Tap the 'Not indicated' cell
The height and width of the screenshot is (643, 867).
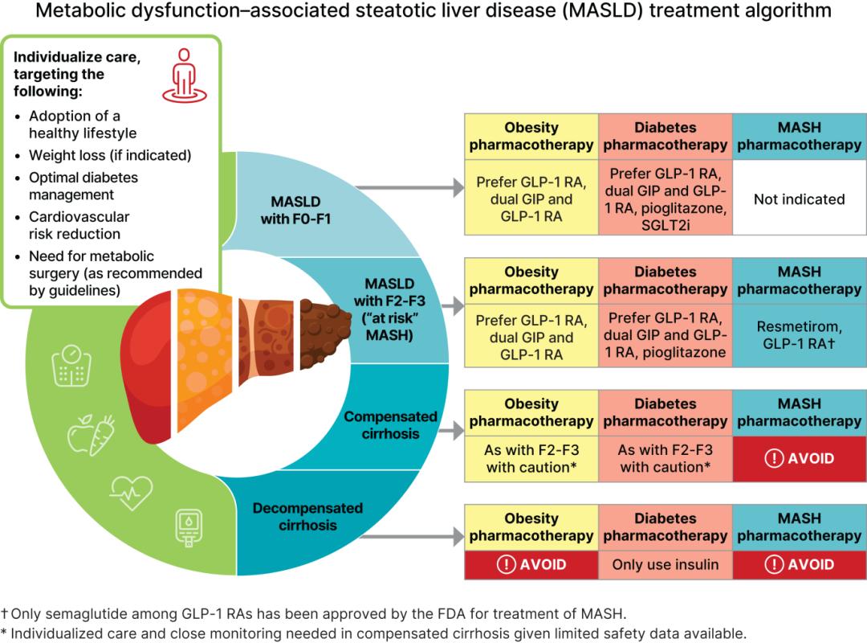tap(799, 199)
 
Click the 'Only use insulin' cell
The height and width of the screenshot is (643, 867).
tap(666, 564)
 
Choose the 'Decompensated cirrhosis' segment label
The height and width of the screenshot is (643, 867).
tap(307, 517)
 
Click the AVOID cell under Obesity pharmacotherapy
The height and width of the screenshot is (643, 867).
tap(531, 564)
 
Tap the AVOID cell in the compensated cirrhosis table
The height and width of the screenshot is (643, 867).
tap(799, 459)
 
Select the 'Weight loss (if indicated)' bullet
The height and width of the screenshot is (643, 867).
tap(110, 155)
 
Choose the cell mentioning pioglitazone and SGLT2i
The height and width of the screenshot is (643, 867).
tap(666, 199)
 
